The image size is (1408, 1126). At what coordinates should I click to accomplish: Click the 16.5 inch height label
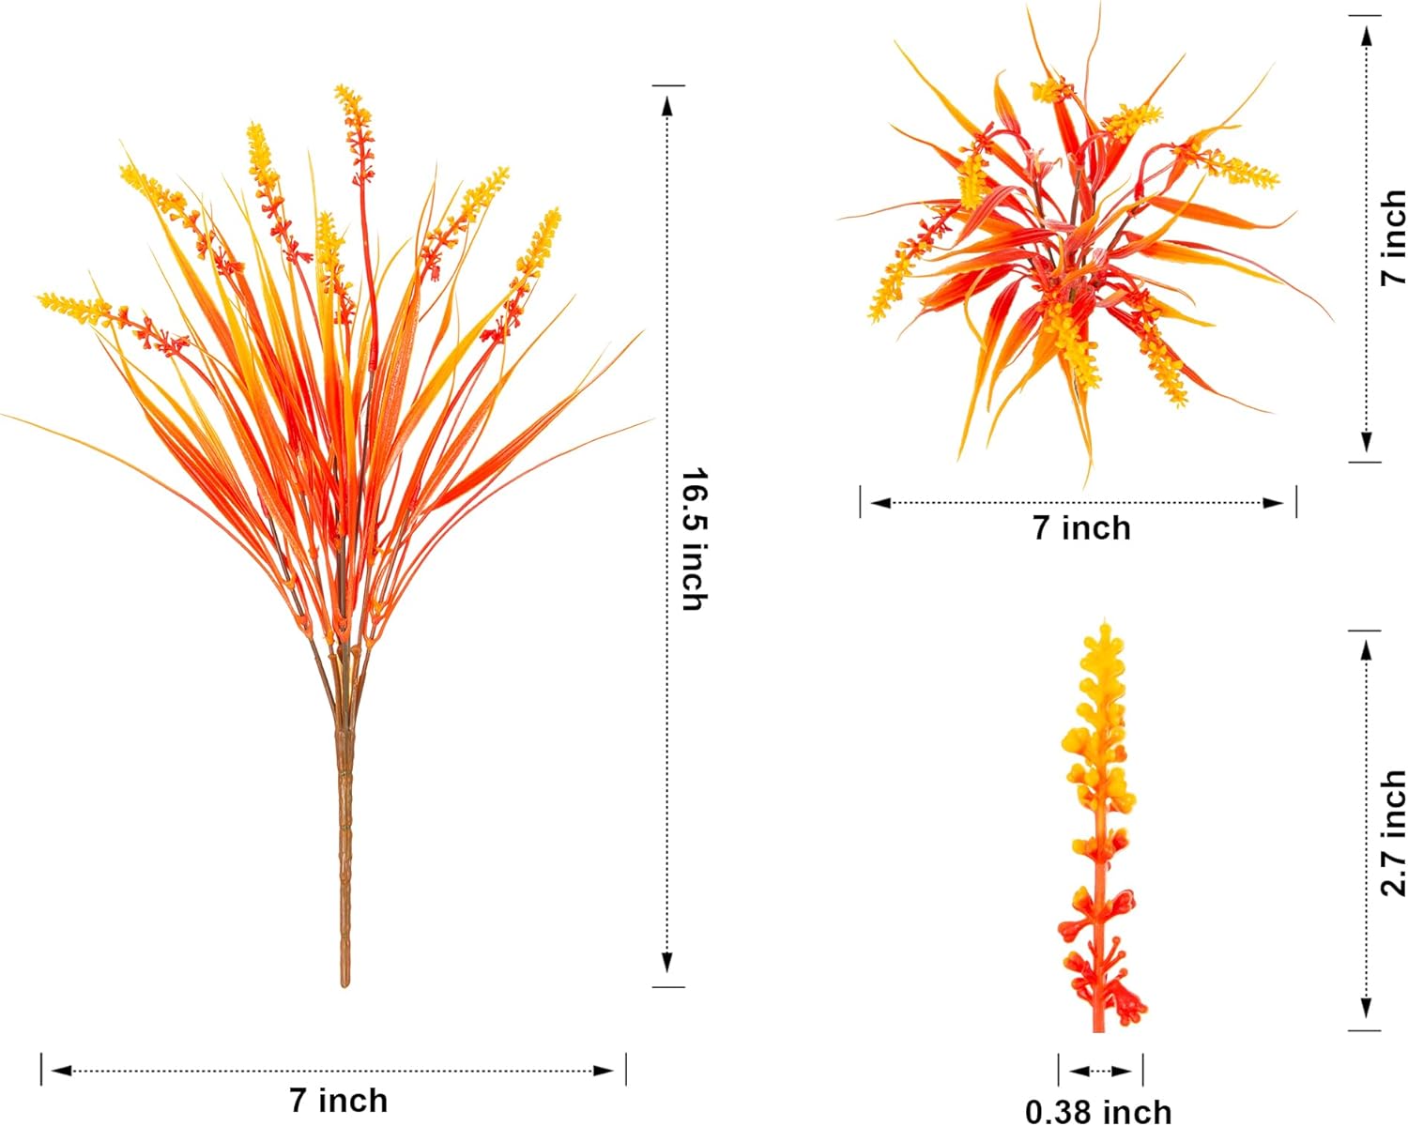click(694, 539)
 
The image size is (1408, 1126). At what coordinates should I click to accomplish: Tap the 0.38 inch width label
click(1098, 1112)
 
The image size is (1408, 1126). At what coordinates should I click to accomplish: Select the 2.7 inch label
click(1393, 833)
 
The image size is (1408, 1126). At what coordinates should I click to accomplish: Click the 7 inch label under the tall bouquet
click(338, 1100)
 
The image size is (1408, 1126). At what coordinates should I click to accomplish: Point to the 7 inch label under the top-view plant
click(1081, 528)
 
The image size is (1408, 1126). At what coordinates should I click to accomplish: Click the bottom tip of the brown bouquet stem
click(344, 983)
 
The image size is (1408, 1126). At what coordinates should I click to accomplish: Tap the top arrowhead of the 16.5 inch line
click(668, 105)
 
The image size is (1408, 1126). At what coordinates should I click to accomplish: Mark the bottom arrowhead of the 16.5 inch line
click(668, 963)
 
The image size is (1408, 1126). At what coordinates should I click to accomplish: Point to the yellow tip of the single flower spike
click(1106, 627)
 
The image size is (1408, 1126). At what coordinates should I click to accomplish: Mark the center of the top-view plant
click(1070, 253)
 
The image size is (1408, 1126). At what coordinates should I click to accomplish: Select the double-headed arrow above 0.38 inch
click(1100, 1071)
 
